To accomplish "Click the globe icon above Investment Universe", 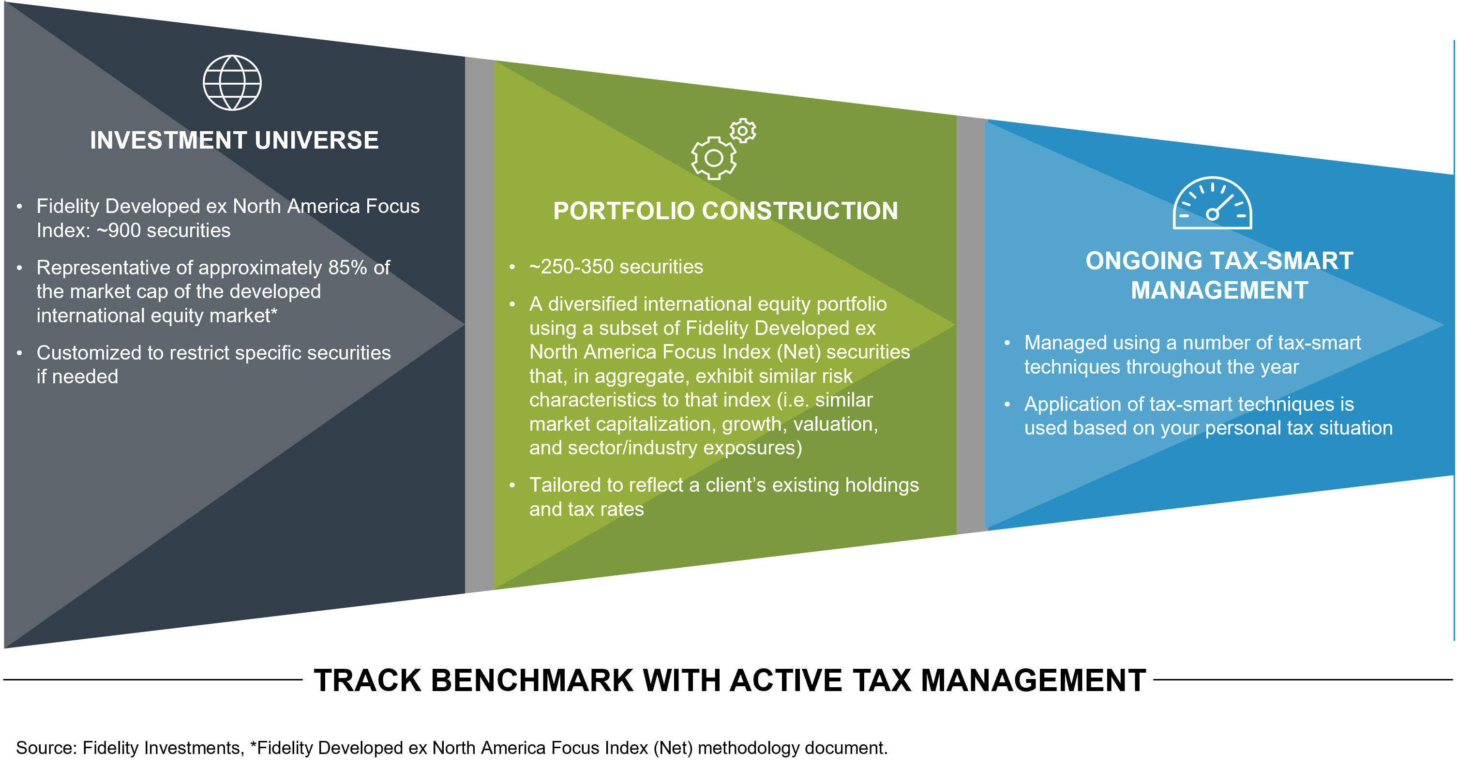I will [232, 83].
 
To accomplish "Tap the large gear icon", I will [713, 158].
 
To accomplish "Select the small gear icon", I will [743, 131].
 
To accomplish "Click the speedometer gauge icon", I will [1212, 204].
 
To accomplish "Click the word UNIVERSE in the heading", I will [317, 140].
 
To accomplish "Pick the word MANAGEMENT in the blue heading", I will [1219, 291].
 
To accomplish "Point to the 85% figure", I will [347, 268].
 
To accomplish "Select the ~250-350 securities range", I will [616, 267].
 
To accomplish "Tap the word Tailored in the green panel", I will [565, 485].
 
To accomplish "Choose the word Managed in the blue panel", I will [1057, 343].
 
